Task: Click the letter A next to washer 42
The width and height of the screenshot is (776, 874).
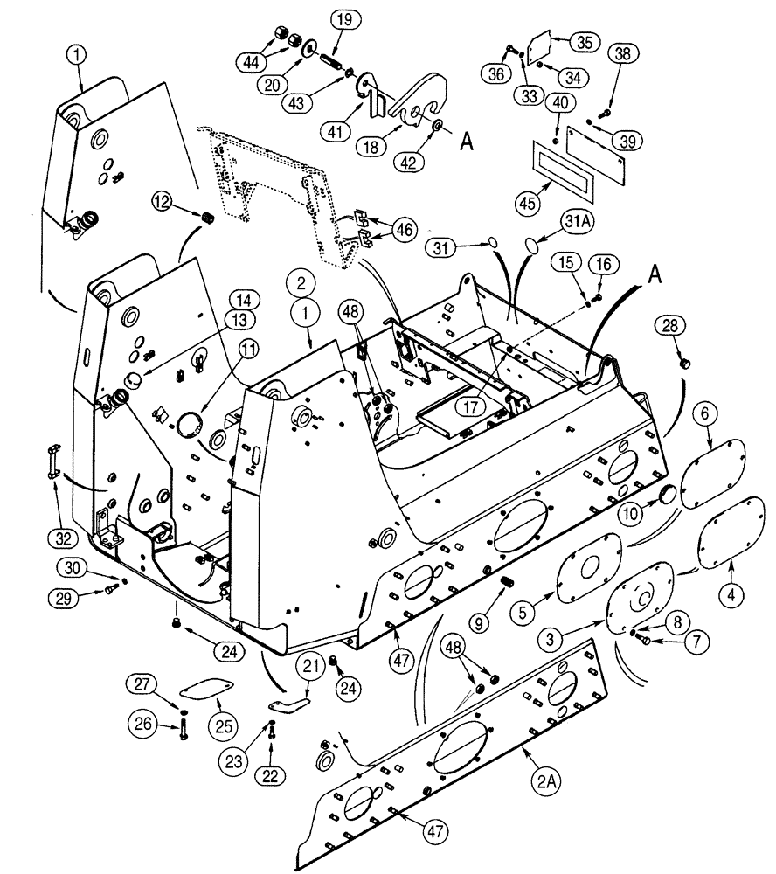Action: click(x=467, y=142)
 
